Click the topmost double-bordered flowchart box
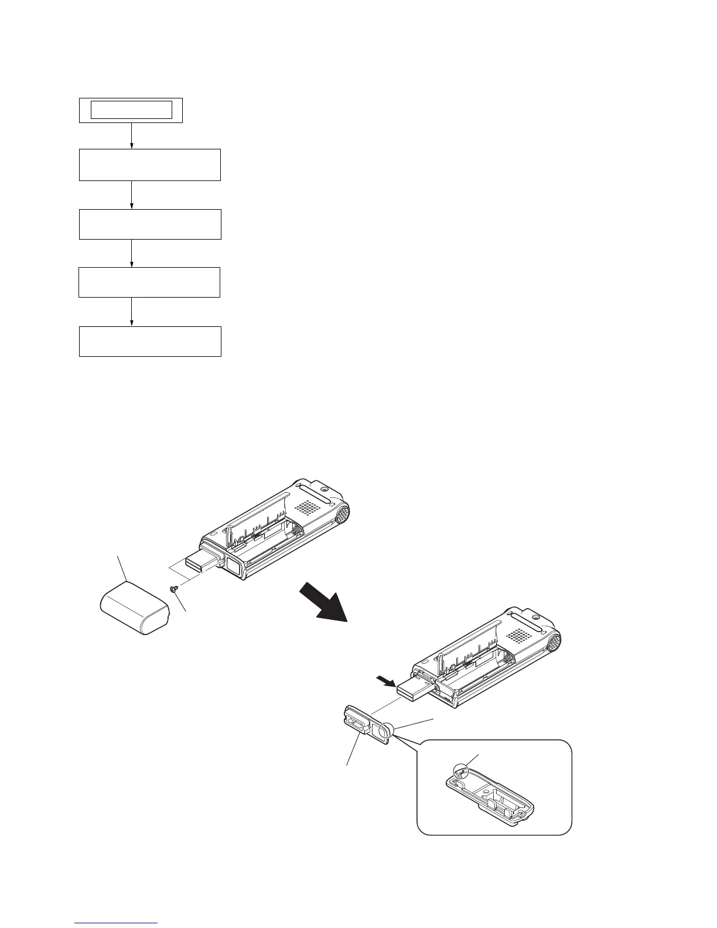coord(131,110)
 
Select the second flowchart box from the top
coord(149,165)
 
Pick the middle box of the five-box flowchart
coord(149,224)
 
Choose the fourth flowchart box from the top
coord(149,282)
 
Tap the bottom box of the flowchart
coord(149,342)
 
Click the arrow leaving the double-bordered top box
coord(131,135)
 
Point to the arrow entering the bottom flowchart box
coord(131,312)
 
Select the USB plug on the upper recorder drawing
coord(202,564)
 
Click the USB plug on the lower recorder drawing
coord(415,691)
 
